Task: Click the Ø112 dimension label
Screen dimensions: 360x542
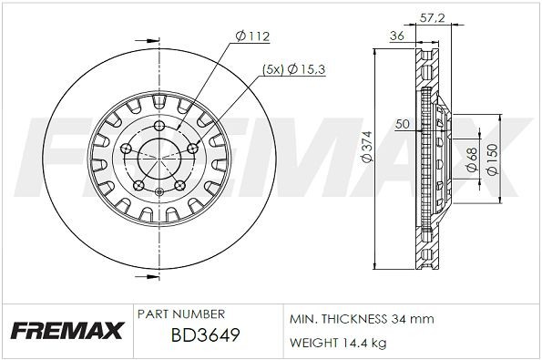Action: tap(252, 36)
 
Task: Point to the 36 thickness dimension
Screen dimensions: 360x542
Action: tap(396, 36)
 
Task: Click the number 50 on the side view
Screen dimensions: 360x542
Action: tap(403, 123)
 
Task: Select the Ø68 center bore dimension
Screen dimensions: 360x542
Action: tap(471, 159)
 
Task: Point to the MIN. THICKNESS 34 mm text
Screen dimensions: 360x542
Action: tap(361, 319)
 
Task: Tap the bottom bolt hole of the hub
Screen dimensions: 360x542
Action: tap(158, 191)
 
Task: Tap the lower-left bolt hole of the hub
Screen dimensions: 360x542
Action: tap(138, 185)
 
